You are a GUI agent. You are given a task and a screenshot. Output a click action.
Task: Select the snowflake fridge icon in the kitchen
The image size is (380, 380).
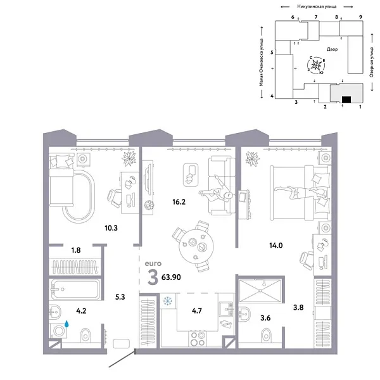[168, 301]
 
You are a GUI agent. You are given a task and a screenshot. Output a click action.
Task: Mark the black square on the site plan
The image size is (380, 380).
[346, 99]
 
